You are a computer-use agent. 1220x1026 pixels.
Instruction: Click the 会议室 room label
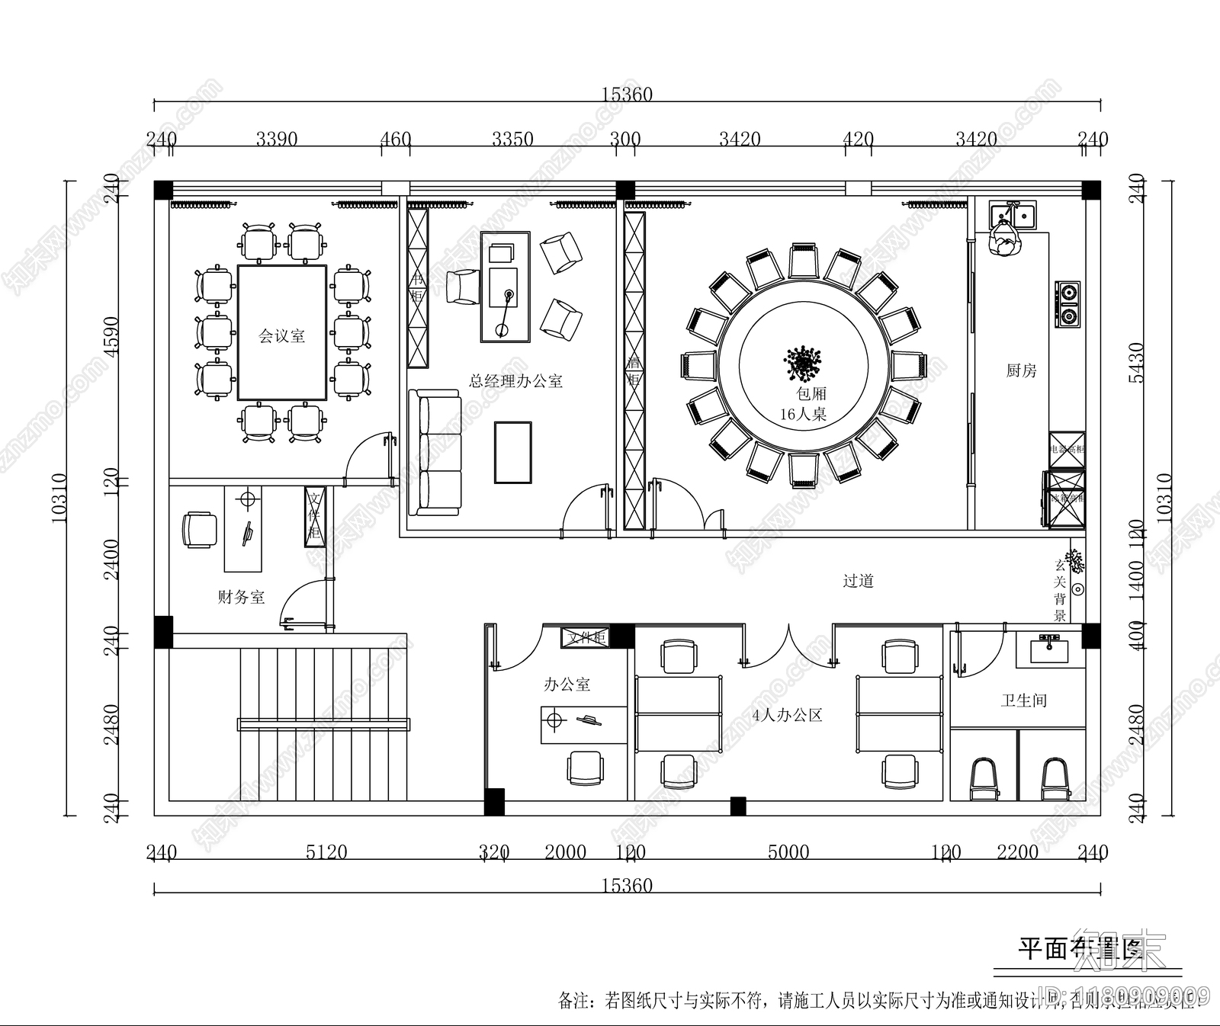281,335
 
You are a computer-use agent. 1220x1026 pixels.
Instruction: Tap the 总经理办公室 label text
515,381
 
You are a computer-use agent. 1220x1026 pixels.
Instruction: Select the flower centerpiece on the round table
803,364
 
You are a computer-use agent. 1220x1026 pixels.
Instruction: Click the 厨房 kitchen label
1021,371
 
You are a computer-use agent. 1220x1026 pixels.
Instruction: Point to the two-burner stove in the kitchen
1068,303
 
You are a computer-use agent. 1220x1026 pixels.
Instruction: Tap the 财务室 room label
241,597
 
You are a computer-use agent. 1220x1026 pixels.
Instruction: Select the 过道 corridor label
858,581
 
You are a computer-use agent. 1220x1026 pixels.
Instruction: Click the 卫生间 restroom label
1023,700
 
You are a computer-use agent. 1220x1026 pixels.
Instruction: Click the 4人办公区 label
787,715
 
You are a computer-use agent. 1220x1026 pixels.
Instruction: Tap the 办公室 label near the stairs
567,685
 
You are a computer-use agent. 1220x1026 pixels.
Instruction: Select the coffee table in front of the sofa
513,452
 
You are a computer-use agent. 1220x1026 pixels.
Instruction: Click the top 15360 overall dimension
627,95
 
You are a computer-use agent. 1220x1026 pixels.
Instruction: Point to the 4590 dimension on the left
112,336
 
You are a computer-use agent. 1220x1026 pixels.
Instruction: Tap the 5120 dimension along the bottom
326,851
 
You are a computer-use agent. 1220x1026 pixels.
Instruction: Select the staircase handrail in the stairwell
323,724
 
